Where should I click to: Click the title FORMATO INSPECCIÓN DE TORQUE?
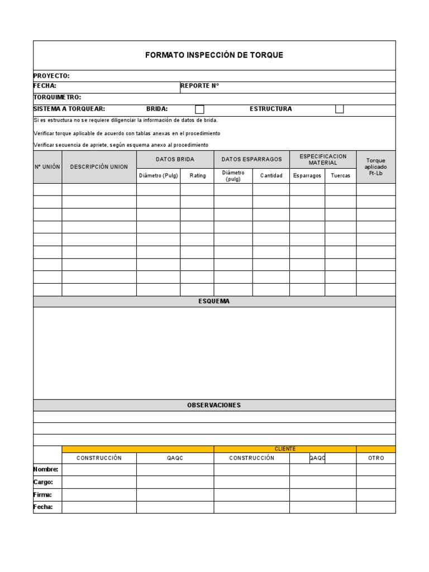214,55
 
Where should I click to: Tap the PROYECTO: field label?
51,75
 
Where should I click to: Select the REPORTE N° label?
199,86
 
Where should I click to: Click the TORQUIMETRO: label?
57,97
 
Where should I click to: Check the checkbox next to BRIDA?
199,109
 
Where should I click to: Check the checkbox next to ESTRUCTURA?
339,109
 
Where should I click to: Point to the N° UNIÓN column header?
47,166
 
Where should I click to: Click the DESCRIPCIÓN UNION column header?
99,166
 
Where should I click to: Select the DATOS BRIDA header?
175,159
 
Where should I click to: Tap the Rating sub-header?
197,175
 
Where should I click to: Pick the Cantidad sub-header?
271,175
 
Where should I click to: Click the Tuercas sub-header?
340,175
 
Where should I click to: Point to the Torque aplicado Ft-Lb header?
375,166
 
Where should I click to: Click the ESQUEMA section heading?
214,301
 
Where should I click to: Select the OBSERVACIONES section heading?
214,405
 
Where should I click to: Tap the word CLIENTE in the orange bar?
285,449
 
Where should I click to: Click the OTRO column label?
376,458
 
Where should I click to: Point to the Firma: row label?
43,494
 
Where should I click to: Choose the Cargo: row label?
43,482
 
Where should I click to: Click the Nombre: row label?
45,469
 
